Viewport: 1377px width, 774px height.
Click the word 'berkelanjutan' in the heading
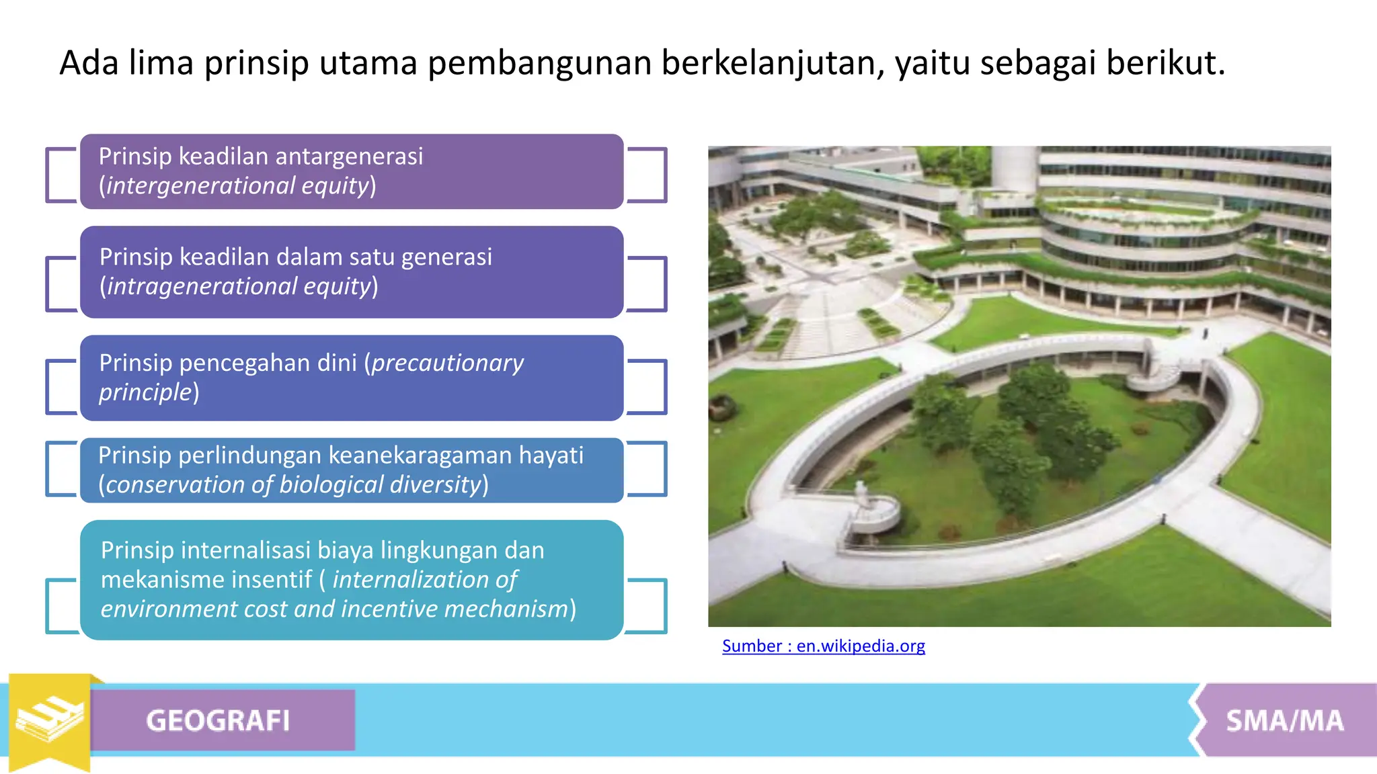[771, 63]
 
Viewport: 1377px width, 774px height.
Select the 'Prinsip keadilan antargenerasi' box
[352, 171]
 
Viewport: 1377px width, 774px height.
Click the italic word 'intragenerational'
[202, 287]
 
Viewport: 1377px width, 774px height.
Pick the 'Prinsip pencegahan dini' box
[352, 378]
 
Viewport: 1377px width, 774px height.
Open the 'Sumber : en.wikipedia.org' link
[823, 646]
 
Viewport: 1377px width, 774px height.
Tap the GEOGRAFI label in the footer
[218, 720]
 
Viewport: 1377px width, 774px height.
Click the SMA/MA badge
[1284, 720]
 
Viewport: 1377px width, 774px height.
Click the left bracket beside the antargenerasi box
[59, 175]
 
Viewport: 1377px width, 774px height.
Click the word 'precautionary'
[447, 363]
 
